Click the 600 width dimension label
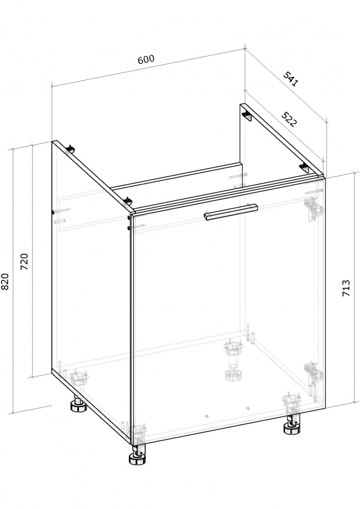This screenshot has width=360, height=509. coord(146,60)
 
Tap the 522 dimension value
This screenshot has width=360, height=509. coord(289,119)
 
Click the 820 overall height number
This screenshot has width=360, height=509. coord(5,281)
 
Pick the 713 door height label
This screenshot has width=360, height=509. coord(346,288)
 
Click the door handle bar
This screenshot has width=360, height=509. coord(231,212)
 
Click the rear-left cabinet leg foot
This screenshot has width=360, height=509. coord(78,406)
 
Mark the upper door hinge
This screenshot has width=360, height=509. coord(313,209)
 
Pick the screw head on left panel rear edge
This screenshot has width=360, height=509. coord(53,212)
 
